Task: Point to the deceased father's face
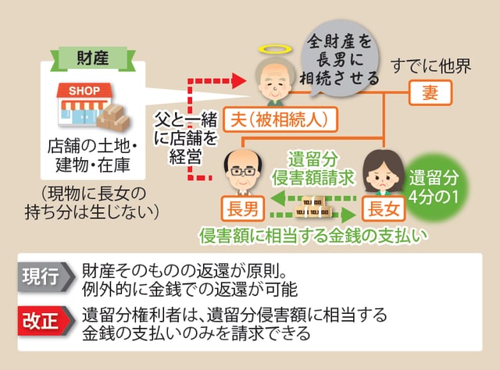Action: point(274,78)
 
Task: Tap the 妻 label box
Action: point(430,94)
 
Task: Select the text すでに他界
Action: point(435,66)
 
